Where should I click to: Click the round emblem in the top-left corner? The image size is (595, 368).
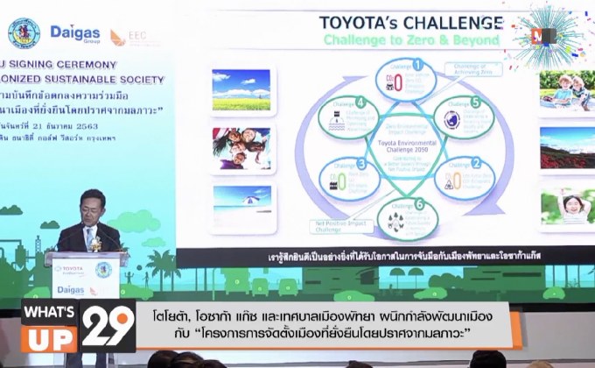pos(24,32)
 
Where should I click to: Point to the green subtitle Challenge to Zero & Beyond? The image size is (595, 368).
pos(412,39)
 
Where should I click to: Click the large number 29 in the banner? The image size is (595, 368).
pos(109,327)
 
